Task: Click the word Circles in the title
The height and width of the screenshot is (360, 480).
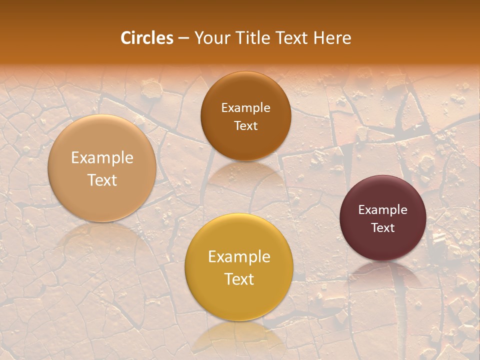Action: click(x=146, y=38)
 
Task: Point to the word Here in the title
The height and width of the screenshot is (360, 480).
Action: click(x=332, y=38)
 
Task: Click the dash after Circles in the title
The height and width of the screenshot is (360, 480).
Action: click(x=183, y=38)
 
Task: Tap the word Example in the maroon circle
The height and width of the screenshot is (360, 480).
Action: click(x=382, y=210)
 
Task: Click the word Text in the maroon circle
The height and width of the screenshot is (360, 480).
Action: click(x=382, y=228)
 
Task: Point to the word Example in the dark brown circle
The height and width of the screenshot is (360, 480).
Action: click(x=245, y=108)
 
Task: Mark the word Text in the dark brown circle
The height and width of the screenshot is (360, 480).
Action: click(x=245, y=126)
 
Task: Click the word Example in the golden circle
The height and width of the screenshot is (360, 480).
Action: click(x=239, y=257)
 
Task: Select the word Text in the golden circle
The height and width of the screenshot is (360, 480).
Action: click(x=239, y=279)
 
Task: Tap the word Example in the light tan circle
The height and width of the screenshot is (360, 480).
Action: click(x=102, y=158)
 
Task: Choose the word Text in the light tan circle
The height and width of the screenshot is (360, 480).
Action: click(x=102, y=180)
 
